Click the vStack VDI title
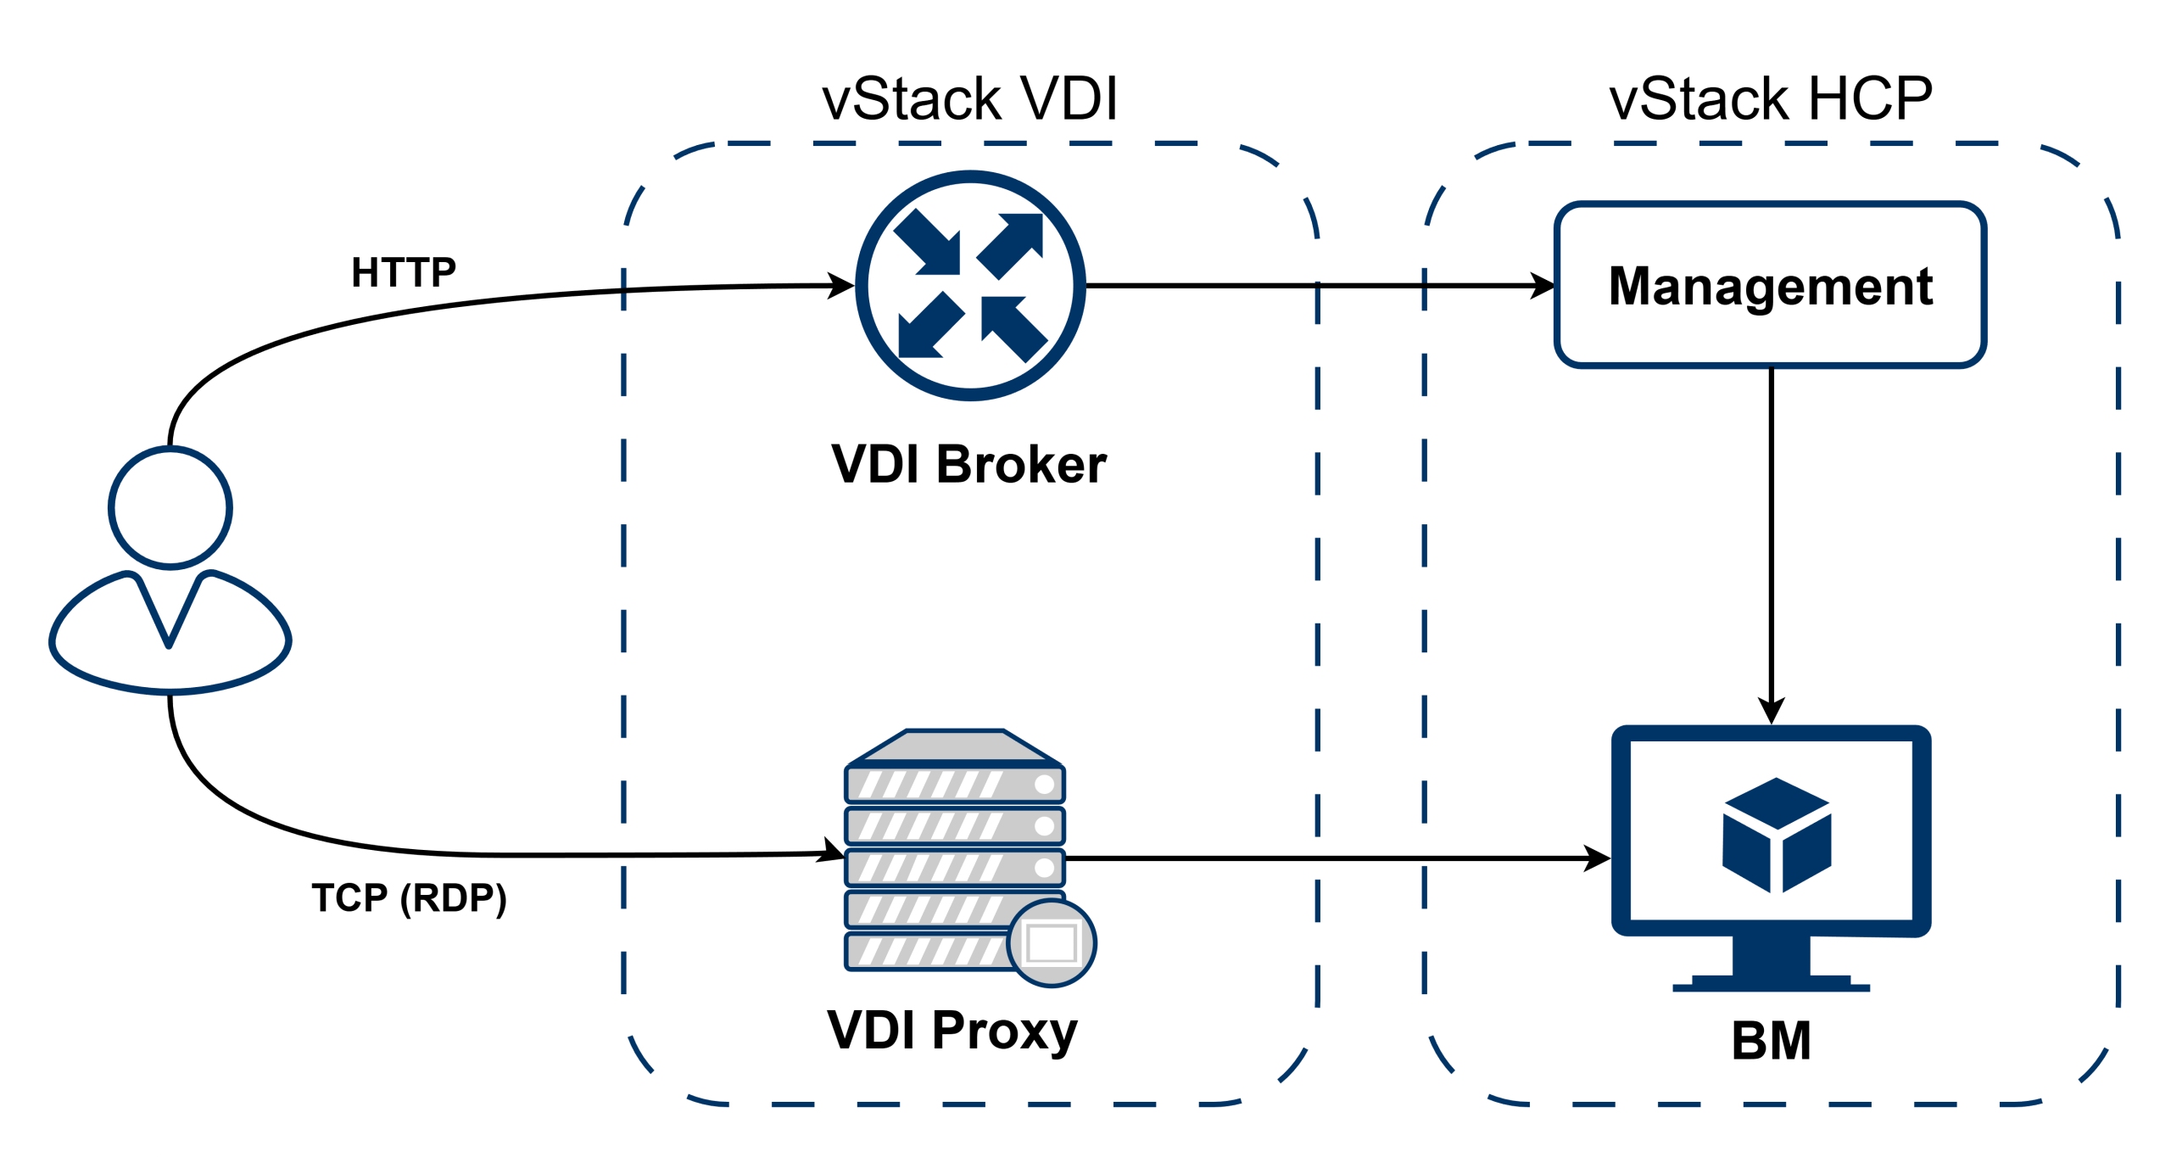pyautogui.click(x=970, y=100)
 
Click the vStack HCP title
pyautogui.click(x=1771, y=100)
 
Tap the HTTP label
pyautogui.click(x=404, y=273)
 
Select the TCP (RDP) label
pyautogui.click(x=410, y=898)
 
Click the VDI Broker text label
pyautogui.click(x=968, y=465)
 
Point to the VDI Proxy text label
pyautogui.click(x=952, y=1030)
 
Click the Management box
pyautogui.click(x=1771, y=285)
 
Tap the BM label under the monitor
pyautogui.click(x=1772, y=1041)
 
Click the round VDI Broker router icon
pyautogui.click(x=970, y=285)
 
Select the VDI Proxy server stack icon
pyautogui.click(x=954, y=848)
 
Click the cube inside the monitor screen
pyautogui.click(x=1777, y=835)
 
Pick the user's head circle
pyautogui.click(x=170, y=508)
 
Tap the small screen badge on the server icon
pyautogui.click(x=1052, y=942)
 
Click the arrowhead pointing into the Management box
pyautogui.click(x=1542, y=286)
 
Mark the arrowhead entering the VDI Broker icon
pyautogui.click(x=841, y=286)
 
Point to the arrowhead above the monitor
pyautogui.click(x=1772, y=711)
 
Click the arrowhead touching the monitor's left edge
pyautogui.click(x=1598, y=858)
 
